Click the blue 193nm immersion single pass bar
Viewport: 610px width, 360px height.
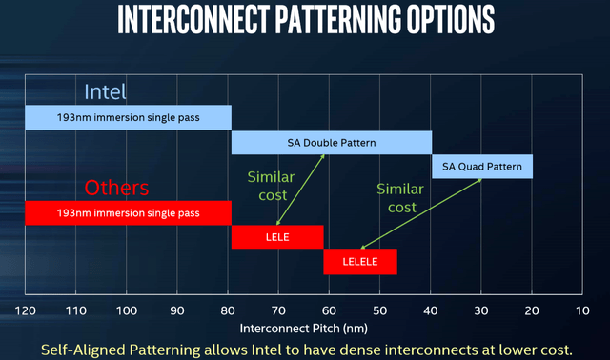click(x=128, y=117)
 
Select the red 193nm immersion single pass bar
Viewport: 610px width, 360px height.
click(x=128, y=211)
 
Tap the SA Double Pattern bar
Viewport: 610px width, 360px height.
click(x=332, y=143)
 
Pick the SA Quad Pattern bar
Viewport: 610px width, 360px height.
click(x=483, y=167)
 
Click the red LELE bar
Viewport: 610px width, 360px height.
click(x=277, y=236)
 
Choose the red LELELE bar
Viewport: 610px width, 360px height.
click(x=360, y=260)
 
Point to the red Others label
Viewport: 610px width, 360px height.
click(x=117, y=186)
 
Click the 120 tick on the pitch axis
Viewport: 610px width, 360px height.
click(x=26, y=311)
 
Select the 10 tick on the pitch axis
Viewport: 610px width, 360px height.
click(x=582, y=311)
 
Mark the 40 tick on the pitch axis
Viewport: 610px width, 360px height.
click(x=431, y=311)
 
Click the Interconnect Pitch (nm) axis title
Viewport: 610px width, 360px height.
click(x=305, y=328)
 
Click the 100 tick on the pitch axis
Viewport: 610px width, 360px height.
click(x=127, y=311)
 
